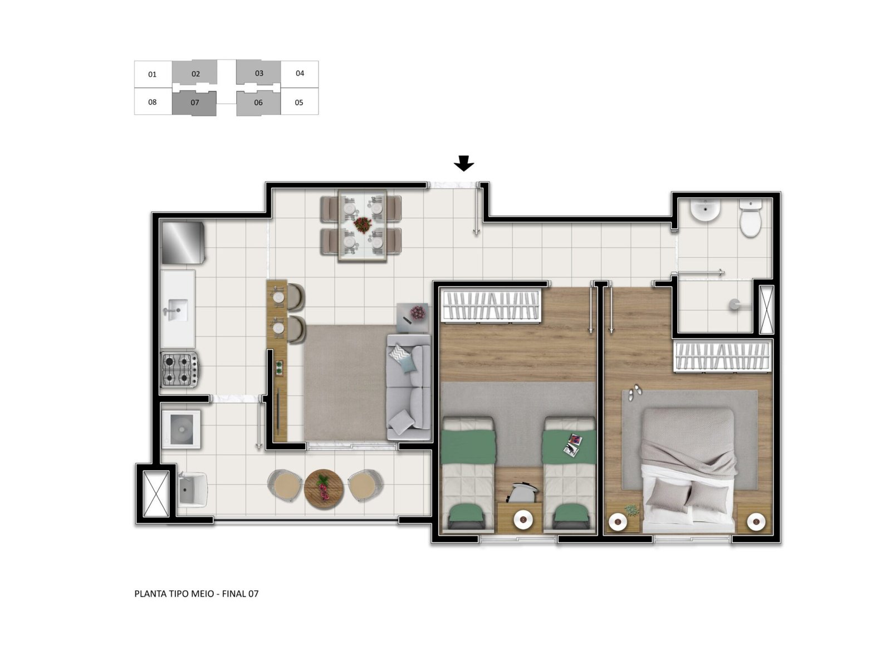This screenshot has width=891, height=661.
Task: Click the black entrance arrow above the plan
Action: [x=463, y=163]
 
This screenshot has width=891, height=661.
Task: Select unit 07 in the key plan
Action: [x=194, y=103]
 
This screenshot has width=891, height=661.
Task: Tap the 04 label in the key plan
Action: [x=300, y=74]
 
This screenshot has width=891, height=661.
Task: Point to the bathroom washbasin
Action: [x=706, y=210]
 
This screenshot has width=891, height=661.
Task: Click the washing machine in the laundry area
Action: [x=181, y=429]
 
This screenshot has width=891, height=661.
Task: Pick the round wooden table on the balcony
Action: [x=324, y=489]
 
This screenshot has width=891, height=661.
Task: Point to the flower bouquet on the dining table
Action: [x=363, y=224]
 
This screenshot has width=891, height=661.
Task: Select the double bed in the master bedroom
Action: [x=688, y=471]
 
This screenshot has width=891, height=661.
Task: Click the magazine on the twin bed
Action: [x=574, y=444]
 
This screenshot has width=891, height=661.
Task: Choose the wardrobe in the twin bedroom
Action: [x=491, y=305]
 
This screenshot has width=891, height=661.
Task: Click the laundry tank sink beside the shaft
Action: [x=191, y=490]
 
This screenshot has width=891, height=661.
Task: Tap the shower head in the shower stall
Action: [x=735, y=305]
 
